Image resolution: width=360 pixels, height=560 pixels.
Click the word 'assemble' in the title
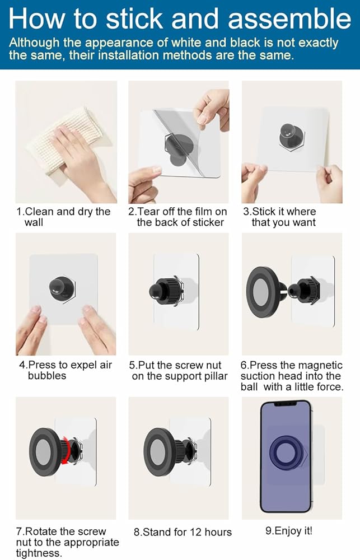[x=289, y=18]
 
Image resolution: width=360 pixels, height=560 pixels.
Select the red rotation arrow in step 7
[x=66, y=450]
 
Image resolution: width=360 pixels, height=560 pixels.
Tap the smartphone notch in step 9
[x=286, y=404]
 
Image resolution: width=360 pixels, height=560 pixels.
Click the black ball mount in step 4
[x=62, y=288]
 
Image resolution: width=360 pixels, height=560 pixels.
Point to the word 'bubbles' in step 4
[x=47, y=376]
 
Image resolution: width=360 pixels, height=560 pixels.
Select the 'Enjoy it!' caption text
[x=289, y=531]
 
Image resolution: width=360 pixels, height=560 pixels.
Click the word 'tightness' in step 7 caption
[x=38, y=553]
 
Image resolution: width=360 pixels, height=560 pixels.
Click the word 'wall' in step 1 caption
[x=34, y=222]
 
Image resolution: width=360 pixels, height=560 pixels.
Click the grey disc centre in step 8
[x=157, y=452]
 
